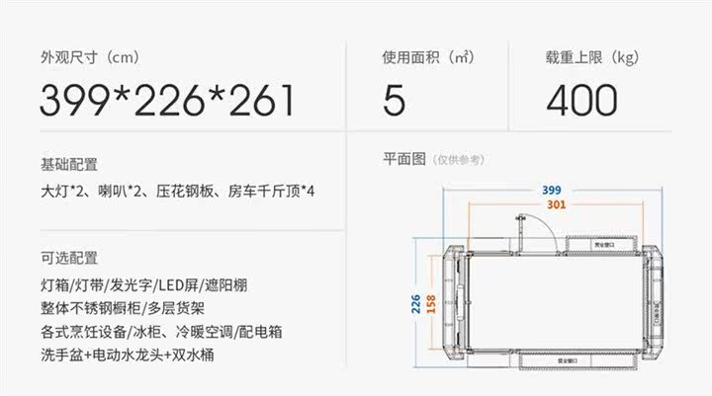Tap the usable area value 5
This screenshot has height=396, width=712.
pos(394,100)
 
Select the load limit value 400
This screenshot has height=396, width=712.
pos(580,100)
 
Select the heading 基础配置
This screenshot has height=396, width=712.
pos(69,164)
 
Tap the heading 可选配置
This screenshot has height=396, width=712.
pos(69,259)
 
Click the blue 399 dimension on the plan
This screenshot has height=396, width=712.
pos(552,191)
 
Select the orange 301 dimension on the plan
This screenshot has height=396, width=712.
pos(557,205)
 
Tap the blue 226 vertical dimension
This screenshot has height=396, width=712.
pos(418,304)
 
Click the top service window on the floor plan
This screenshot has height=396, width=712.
pos(598,241)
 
